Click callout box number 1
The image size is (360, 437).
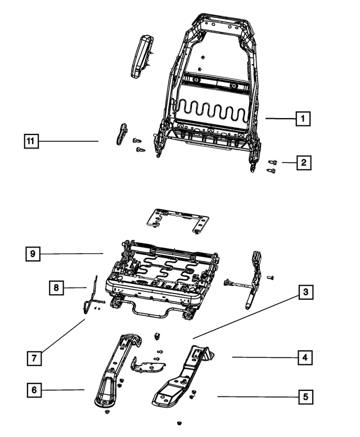tap(303, 119)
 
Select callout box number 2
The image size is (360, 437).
tap(303, 163)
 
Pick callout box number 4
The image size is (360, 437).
tap(304, 357)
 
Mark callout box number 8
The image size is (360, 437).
tap(56, 288)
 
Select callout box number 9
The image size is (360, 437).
tap(33, 254)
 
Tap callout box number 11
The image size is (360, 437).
tap(31, 141)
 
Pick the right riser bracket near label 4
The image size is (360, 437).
tap(183, 377)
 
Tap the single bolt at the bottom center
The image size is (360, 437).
tap(179, 422)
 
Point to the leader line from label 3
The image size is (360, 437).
tap(247, 315)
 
